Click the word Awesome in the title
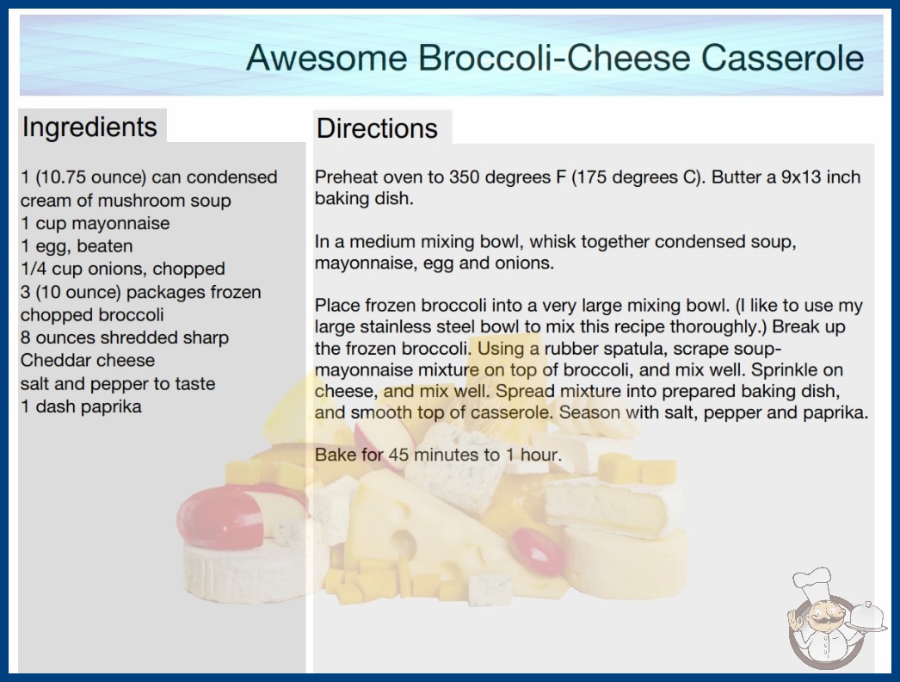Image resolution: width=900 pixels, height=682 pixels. point(327,58)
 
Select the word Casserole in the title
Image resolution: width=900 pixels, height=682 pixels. point(782,58)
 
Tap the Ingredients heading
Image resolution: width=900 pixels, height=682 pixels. point(89,127)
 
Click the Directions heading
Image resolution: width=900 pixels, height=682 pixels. point(377,128)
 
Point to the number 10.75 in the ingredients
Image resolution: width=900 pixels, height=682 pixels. point(63,177)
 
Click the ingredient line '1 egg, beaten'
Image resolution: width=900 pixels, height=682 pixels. point(77,246)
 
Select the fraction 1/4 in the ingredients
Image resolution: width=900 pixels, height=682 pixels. point(34,269)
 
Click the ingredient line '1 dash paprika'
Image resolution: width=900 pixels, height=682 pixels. point(81,406)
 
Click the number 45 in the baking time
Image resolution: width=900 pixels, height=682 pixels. point(398,455)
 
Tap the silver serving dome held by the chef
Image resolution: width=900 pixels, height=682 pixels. point(866,617)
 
